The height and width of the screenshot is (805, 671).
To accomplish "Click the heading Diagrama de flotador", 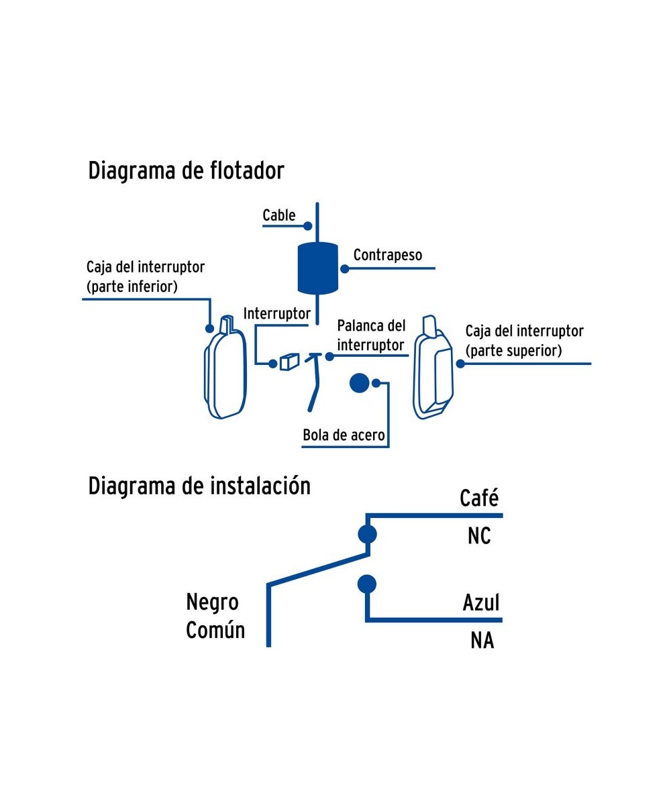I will click(186, 171).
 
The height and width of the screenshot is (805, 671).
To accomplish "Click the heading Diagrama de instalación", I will click(199, 486).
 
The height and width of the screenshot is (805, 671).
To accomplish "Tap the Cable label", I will click(278, 215).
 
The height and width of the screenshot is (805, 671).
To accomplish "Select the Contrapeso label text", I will click(387, 255).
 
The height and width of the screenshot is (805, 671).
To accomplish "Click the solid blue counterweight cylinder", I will click(317, 267).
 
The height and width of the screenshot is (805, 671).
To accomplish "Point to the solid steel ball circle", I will click(359, 383).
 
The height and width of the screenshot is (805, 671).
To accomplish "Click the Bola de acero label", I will click(344, 435).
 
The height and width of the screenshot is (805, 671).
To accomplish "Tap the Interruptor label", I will click(276, 313).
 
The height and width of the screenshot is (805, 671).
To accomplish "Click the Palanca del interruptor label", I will click(371, 335).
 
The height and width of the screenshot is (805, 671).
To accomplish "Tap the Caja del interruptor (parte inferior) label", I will click(145, 277).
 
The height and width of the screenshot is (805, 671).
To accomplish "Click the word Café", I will click(479, 498).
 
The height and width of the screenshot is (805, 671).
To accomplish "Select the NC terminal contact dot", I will click(367, 534).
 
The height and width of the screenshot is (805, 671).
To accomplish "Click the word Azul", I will click(481, 602).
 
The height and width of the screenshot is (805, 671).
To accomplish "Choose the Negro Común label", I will click(215, 616).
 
